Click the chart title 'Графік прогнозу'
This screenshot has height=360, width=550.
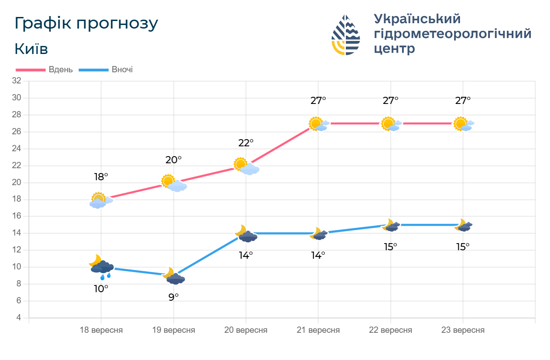pos(86,23)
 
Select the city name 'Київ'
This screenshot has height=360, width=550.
pos(31,49)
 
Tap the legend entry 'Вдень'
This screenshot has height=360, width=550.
pos(61,70)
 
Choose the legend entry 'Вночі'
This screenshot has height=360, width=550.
pos(122,70)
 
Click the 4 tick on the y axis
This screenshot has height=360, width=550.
pos(19,318)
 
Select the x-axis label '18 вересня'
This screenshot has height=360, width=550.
pos(101,331)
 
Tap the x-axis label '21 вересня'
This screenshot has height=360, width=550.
pos(318,331)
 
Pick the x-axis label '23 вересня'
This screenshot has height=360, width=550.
pos(463,331)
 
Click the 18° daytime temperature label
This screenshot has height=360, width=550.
pos(101,177)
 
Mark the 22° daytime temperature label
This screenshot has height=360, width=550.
pos(246,143)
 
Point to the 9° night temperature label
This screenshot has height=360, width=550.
pos(173,297)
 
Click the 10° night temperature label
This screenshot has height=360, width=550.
pos(101,289)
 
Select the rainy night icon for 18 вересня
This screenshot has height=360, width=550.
pos(102,267)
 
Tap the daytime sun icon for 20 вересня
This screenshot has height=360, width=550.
pos(246,166)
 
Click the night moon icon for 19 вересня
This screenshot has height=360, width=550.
pos(173,276)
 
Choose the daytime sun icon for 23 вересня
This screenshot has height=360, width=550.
pos(463,124)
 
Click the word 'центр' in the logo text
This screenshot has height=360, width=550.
pos(394,49)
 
